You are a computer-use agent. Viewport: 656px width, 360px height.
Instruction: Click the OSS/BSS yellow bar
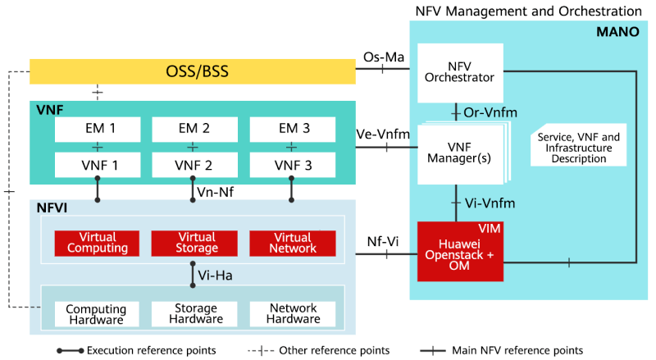tap(193, 71)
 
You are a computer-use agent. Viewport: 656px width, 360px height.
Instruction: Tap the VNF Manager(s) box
tap(459, 150)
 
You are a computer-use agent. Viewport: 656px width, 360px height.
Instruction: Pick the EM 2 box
tap(193, 129)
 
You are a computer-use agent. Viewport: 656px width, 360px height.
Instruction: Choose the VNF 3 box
tap(291, 165)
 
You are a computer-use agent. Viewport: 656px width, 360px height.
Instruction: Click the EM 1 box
tap(96, 129)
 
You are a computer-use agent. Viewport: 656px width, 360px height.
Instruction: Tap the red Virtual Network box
tap(292, 243)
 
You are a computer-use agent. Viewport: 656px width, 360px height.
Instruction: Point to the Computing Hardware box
tap(96, 314)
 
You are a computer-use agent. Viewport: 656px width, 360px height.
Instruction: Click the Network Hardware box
tap(292, 314)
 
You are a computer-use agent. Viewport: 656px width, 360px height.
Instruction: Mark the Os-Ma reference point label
tap(382, 57)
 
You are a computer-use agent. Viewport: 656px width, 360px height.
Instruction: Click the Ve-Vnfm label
tap(383, 133)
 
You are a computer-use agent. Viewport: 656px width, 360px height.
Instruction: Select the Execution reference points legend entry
tap(136, 350)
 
